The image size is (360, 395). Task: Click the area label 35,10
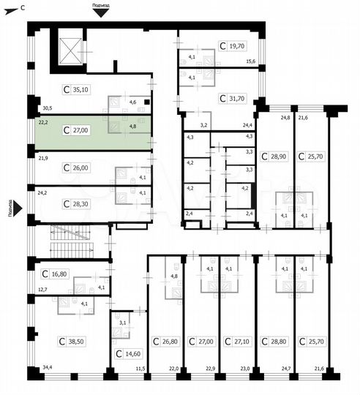coord(80,91)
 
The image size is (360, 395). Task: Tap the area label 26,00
coord(80,168)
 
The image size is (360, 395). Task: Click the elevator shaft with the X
coord(71,48)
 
